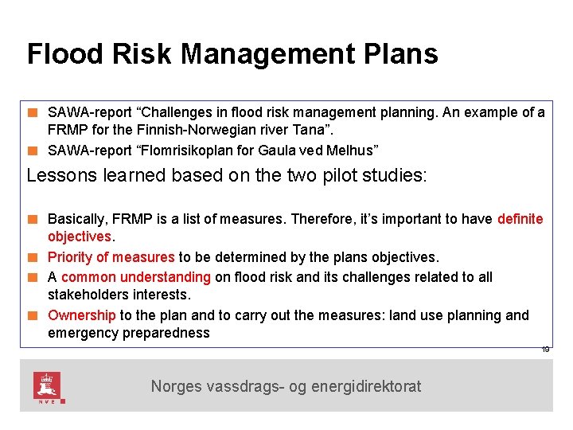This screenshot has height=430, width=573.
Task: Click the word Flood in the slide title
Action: point(64,54)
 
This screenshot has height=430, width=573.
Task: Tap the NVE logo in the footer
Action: point(47,386)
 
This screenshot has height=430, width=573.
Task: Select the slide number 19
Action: point(546,350)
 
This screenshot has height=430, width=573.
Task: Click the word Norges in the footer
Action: point(177,387)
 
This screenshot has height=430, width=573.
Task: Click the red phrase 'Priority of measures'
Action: point(111,257)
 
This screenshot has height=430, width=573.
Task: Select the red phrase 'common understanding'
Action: point(135,277)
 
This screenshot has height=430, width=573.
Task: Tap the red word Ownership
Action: point(81,315)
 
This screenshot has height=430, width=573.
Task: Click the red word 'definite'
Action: point(520,219)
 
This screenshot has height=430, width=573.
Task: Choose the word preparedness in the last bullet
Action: point(166,333)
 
